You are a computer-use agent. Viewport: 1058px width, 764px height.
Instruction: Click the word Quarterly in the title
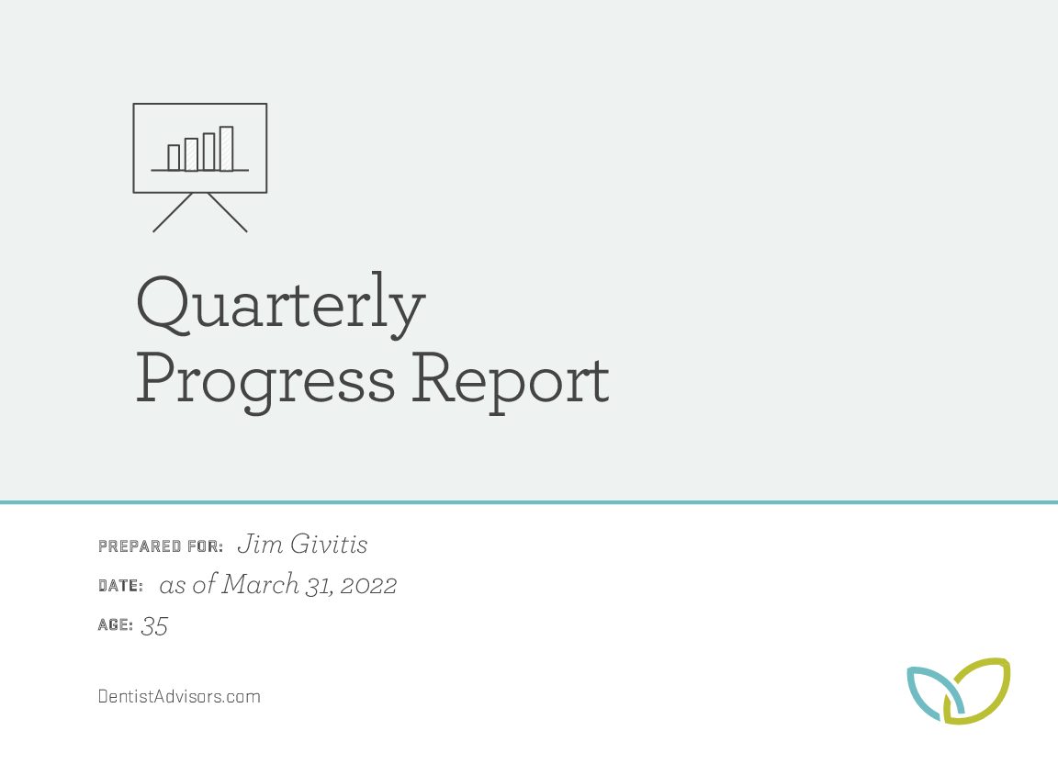(x=281, y=305)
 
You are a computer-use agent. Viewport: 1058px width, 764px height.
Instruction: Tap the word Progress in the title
(x=265, y=381)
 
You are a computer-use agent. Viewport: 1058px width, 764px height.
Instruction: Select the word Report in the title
(x=511, y=381)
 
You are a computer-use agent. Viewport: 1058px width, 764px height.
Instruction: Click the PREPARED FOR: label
(x=161, y=546)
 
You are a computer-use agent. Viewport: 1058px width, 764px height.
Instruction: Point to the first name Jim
(x=261, y=544)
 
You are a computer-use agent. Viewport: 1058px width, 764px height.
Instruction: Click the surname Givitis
(x=330, y=544)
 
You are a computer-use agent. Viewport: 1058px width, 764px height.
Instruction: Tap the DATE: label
(x=121, y=586)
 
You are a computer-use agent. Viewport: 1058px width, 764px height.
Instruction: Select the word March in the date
(x=261, y=584)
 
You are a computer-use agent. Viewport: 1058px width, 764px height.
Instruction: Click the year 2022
(x=368, y=586)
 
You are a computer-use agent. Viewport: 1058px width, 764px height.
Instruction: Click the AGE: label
(x=116, y=625)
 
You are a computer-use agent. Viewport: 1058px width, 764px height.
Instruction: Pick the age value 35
(x=154, y=626)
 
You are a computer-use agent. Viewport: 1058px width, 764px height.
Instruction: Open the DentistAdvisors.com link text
(x=179, y=697)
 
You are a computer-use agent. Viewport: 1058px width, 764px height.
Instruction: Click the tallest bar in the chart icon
(x=226, y=149)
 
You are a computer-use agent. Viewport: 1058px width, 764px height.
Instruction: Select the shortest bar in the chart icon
(x=174, y=158)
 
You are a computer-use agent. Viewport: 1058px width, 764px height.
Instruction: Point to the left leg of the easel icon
(x=173, y=213)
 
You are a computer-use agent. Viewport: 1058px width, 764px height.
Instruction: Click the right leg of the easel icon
(x=228, y=213)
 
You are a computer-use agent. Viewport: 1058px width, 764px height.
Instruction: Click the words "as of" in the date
(x=188, y=584)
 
